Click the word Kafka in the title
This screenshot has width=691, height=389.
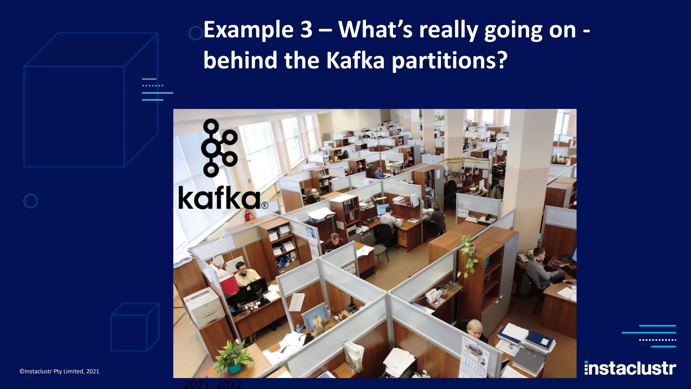(355, 61)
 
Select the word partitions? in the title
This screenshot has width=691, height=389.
(449, 61)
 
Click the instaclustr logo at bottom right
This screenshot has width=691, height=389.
(630, 368)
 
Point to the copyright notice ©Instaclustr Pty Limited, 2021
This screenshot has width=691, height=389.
(59, 371)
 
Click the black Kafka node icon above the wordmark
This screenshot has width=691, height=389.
(219, 148)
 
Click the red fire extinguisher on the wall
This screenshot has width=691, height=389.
(248, 215)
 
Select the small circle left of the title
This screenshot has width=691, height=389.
(195, 33)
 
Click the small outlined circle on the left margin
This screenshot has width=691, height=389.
(30, 201)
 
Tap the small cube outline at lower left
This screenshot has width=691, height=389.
(135, 327)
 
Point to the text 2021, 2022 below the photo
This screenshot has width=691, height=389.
(213, 384)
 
